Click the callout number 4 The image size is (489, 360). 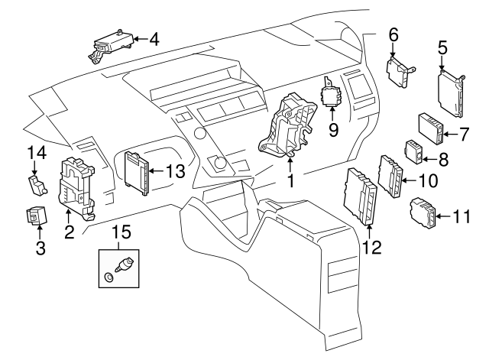coord(154,37)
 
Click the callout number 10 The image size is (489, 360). coord(428,181)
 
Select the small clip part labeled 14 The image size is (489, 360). coord(35,184)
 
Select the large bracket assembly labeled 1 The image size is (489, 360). coord(288,125)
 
